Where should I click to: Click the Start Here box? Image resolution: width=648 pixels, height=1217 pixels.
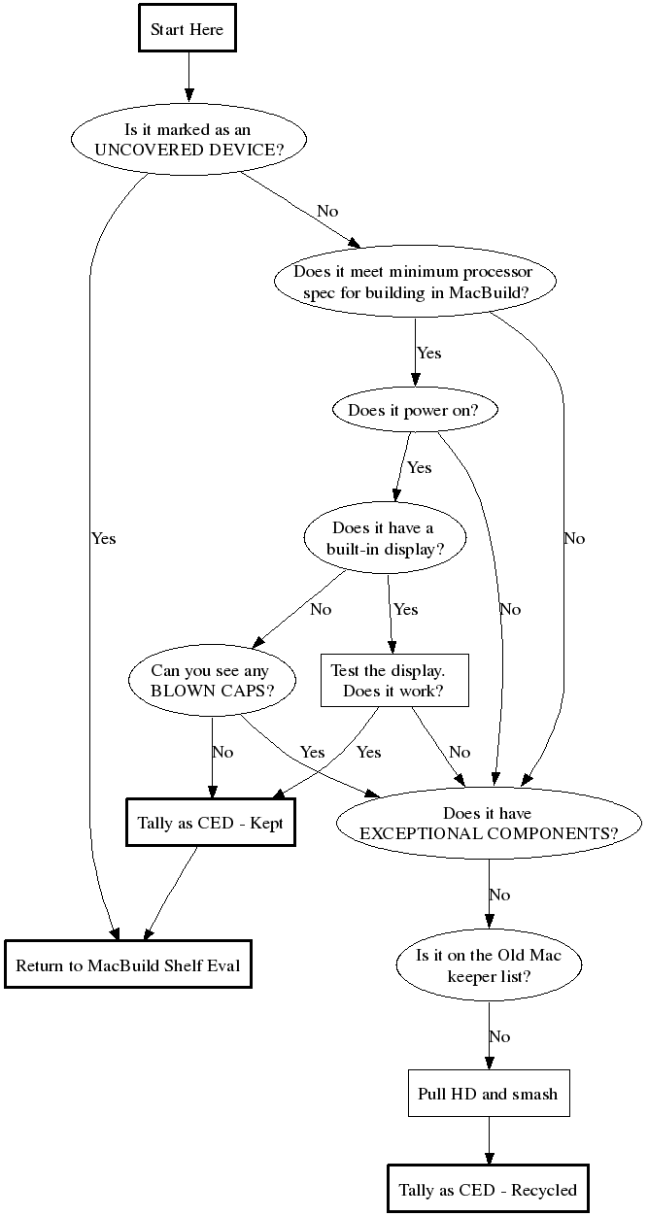(188, 30)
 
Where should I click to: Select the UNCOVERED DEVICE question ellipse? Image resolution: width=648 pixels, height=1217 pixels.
(188, 141)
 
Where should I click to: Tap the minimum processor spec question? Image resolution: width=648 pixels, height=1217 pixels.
(417, 282)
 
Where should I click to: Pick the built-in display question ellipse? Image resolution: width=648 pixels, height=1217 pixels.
(383, 538)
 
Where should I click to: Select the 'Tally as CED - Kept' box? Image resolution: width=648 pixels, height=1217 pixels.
(209, 824)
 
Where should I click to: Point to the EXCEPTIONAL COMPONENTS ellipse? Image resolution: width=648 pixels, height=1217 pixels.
(488, 824)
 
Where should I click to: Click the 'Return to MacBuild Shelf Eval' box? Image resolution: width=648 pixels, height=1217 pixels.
(128, 965)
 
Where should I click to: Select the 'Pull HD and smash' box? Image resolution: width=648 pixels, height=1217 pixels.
(488, 1094)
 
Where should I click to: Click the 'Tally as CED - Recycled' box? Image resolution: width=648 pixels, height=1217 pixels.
(488, 1190)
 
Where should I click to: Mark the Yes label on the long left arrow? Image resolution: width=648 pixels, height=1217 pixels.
(103, 537)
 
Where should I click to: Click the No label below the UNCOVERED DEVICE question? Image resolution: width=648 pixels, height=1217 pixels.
(327, 211)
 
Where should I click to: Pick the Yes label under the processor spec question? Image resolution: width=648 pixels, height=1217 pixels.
(428, 353)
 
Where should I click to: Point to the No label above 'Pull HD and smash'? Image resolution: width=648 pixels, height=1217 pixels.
(499, 1036)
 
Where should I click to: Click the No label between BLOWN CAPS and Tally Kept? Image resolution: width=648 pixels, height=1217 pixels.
(222, 752)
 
